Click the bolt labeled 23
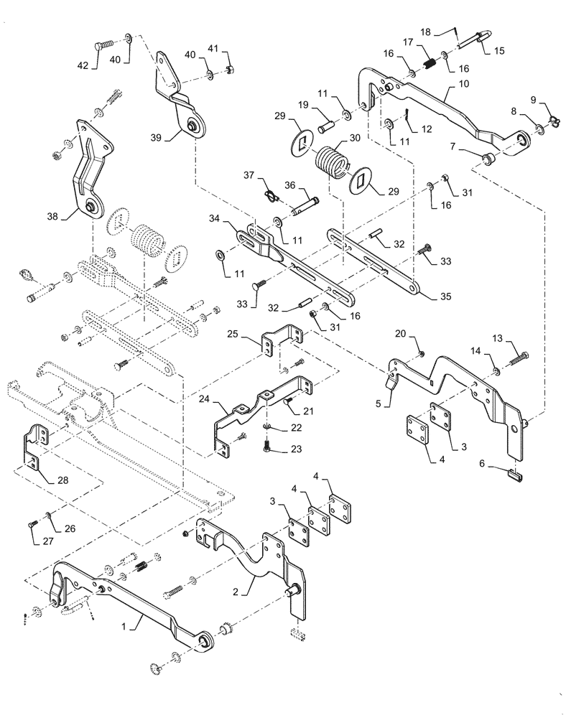click(268, 447)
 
